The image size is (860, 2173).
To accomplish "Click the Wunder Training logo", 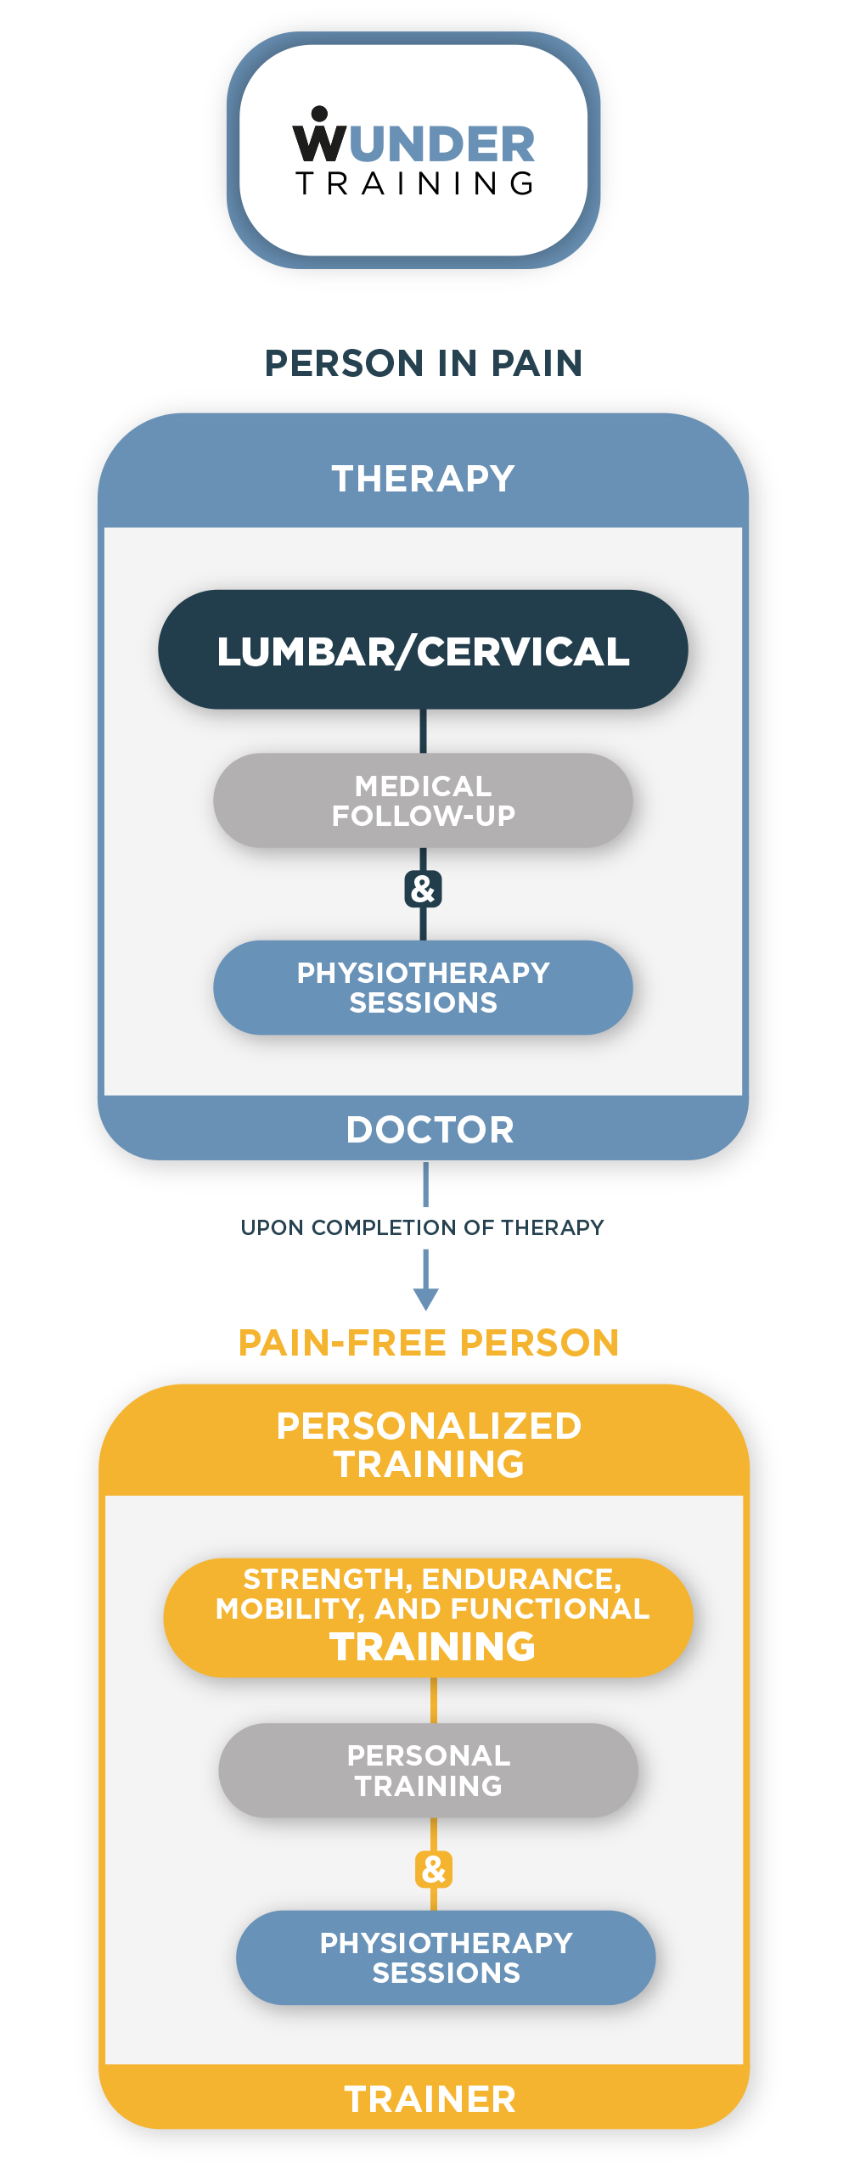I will [413, 151].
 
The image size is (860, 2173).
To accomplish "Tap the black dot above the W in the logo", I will [319, 114].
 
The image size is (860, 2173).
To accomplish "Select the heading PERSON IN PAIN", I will [423, 363].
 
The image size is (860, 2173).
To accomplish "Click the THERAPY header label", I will [423, 479].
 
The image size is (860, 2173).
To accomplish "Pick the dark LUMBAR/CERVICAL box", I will [423, 650].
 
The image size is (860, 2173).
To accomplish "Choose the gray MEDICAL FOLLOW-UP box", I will [423, 800].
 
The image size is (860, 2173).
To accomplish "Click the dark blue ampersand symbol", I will [423, 889].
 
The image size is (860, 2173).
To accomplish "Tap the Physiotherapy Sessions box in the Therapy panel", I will [423, 987].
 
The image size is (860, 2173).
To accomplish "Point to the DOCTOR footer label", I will [430, 1130].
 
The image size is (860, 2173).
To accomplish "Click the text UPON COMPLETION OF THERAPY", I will [422, 1227].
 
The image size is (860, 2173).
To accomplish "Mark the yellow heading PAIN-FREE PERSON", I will [428, 1343].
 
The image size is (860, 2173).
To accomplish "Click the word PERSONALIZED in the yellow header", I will [429, 1426].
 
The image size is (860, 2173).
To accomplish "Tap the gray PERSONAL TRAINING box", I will [429, 1771].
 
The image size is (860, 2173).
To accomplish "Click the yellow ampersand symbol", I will [434, 1869].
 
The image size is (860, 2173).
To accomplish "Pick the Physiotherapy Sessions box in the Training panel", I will [446, 1957].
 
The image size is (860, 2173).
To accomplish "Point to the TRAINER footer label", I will [430, 2099].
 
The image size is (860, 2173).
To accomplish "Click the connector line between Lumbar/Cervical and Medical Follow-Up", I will [423, 731].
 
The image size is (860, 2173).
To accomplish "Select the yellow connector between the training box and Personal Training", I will [434, 1700].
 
